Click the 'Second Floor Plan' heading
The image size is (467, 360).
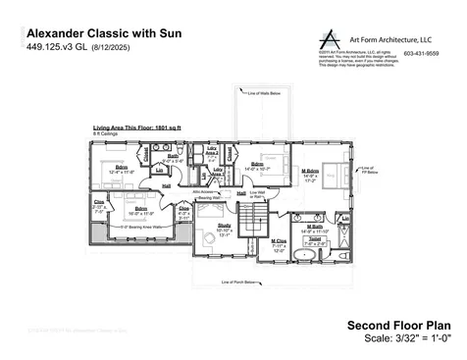click(398, 324)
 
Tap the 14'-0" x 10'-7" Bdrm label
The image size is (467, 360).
click(257, 166)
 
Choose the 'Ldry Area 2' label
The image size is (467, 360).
click(210, 149)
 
